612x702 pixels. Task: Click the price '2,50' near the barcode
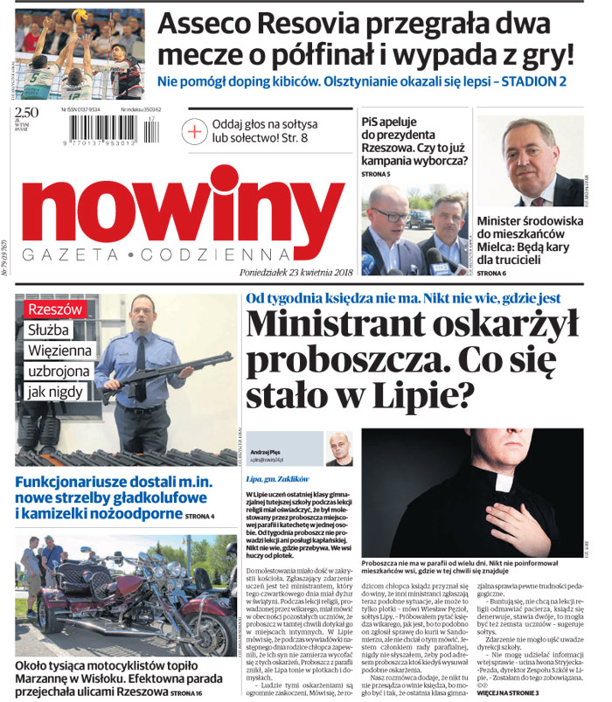pos(27,112)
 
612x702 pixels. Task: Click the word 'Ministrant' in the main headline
pos(350,325)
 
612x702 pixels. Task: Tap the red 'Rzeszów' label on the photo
pos(55,310)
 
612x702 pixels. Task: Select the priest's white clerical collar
pos(504,482)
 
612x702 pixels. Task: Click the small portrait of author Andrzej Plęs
pos(338,449)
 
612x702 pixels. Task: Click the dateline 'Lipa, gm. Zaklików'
pos(281,479)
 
